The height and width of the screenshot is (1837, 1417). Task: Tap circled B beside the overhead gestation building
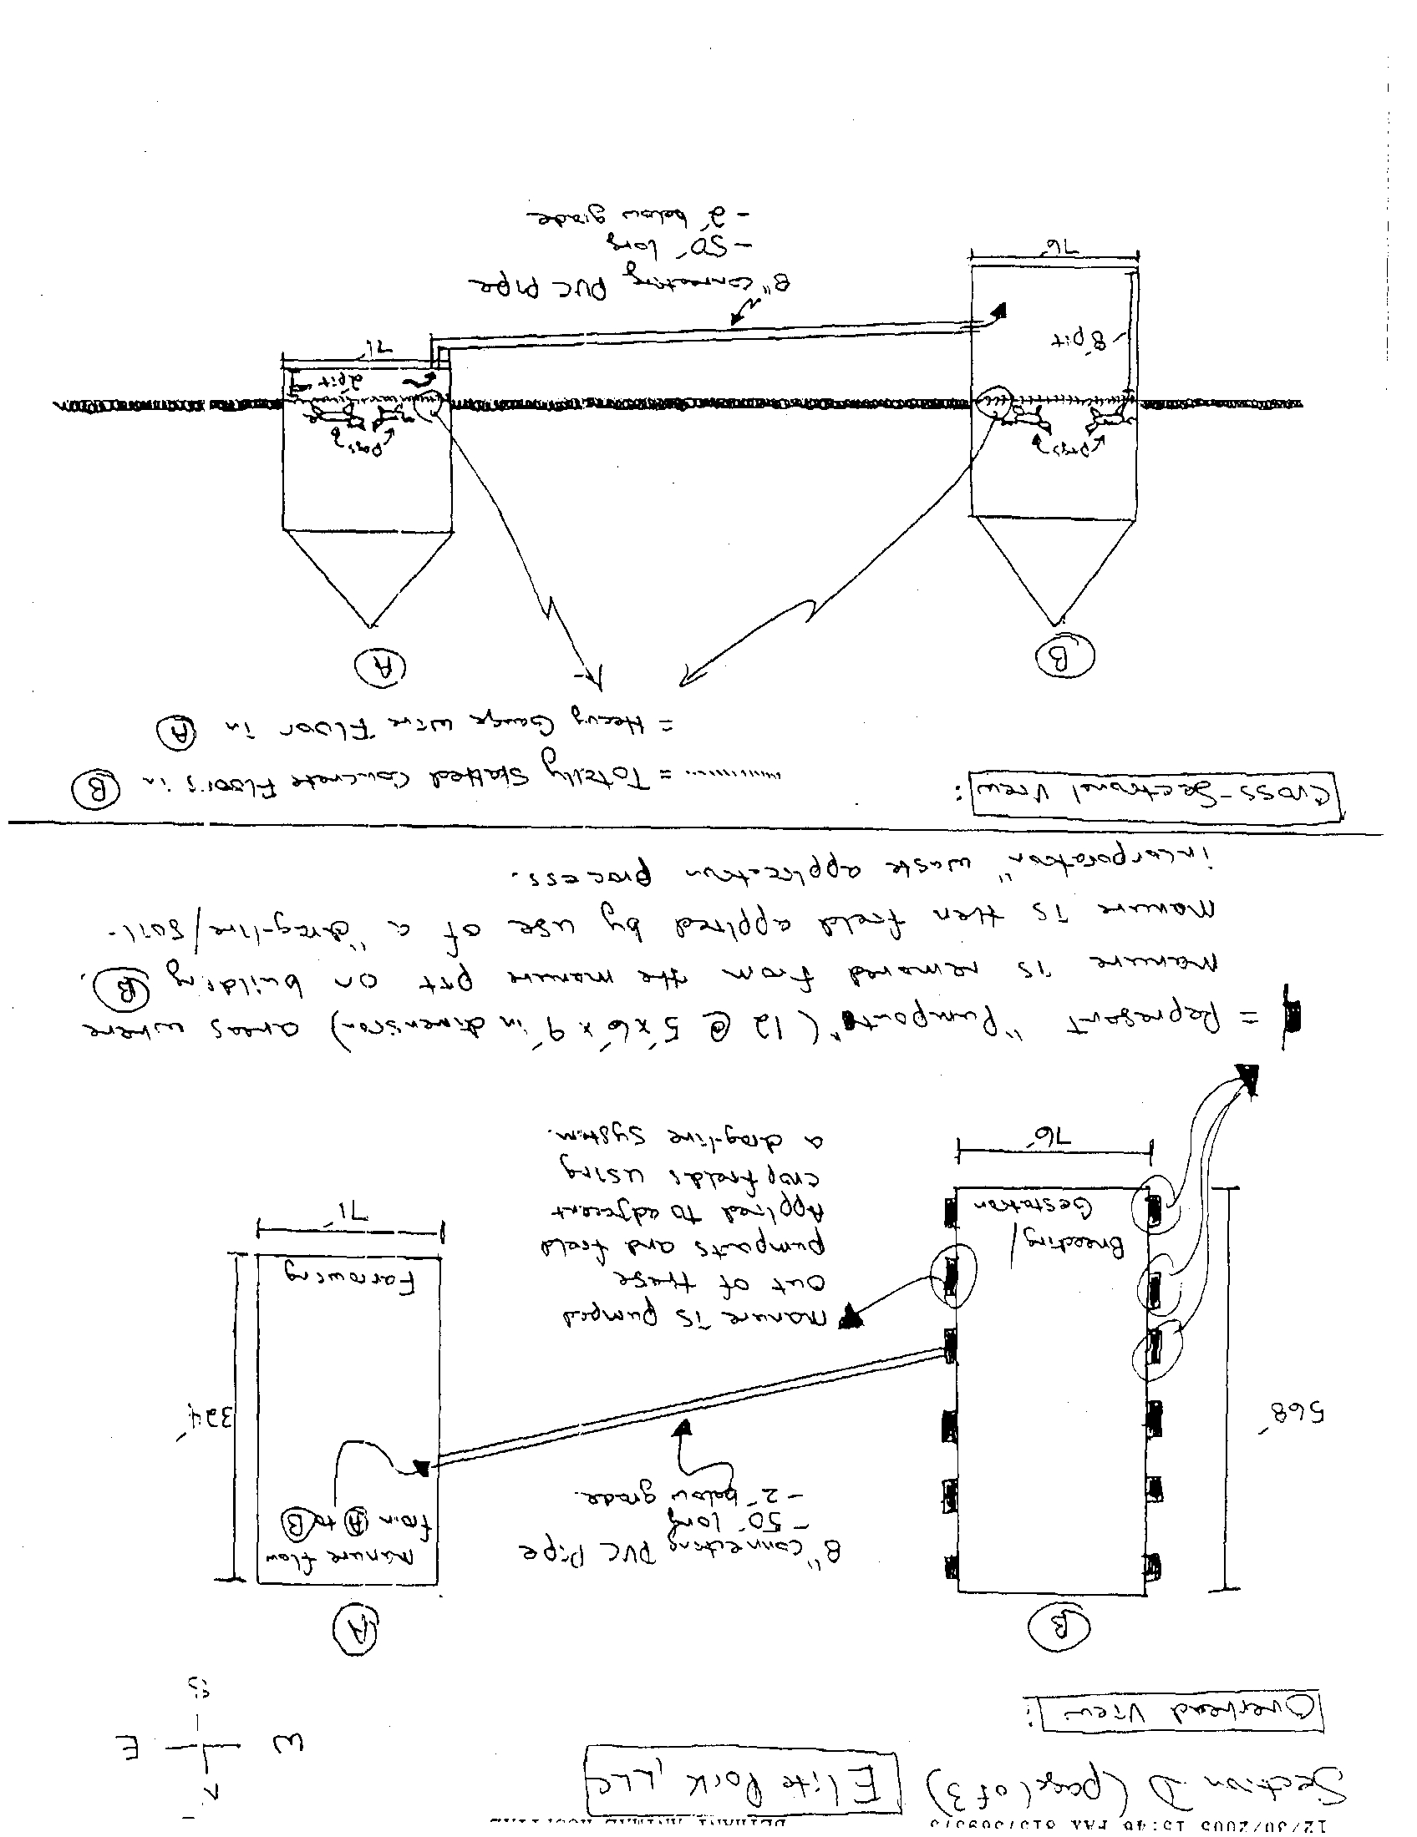(x=1059, y=1626)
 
